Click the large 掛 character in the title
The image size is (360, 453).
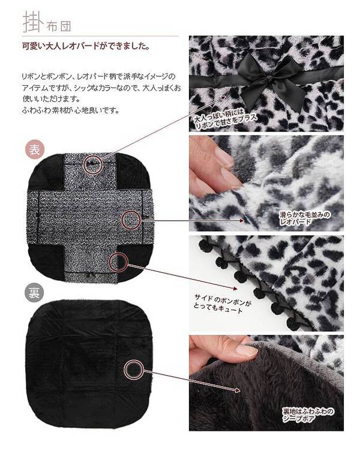click(x=32, y=22)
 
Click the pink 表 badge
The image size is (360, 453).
click(x=34, y=150)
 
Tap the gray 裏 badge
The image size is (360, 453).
click(x=34, y=293)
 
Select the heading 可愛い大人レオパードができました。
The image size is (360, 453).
click(x=86, y=46)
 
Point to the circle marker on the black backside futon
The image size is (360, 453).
click(x=134, y=369)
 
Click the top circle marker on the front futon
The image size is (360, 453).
click(x=94, y=164)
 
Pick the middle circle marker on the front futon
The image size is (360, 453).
click(x=131, y=220)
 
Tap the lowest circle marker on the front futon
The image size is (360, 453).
click(x=118, y=262)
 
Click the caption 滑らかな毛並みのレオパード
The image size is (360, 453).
click(x=305, y=218)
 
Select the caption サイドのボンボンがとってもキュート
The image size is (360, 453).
click(x=223, y=304)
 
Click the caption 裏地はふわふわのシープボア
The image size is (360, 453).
click(x=308, y=415)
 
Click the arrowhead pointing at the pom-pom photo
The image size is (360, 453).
click(x=235, y=289)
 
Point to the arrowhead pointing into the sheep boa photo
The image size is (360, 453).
click(x=238, y=391)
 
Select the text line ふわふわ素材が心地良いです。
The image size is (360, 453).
click(x=71, y=110)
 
